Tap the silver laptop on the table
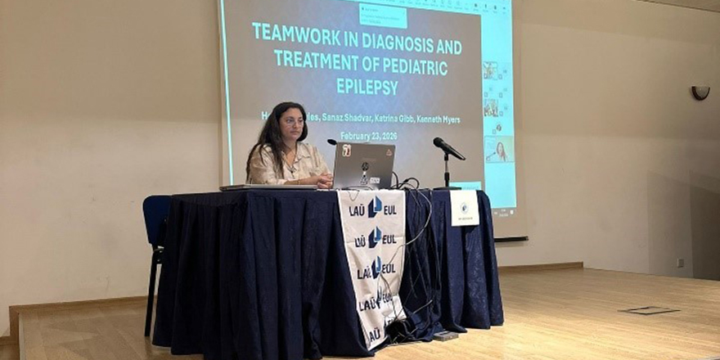(x=363, y=166)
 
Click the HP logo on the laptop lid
(x=364, y=167)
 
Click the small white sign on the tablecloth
(x=464, y=208)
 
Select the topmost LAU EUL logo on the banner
(x=373, y=209)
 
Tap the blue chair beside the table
(x=156, y=221)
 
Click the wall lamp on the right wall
(x=700, y=92)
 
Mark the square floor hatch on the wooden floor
(x=648, y=310)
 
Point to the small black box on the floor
(x=445, y=335)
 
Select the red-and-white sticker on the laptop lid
(x=346, y=150)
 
